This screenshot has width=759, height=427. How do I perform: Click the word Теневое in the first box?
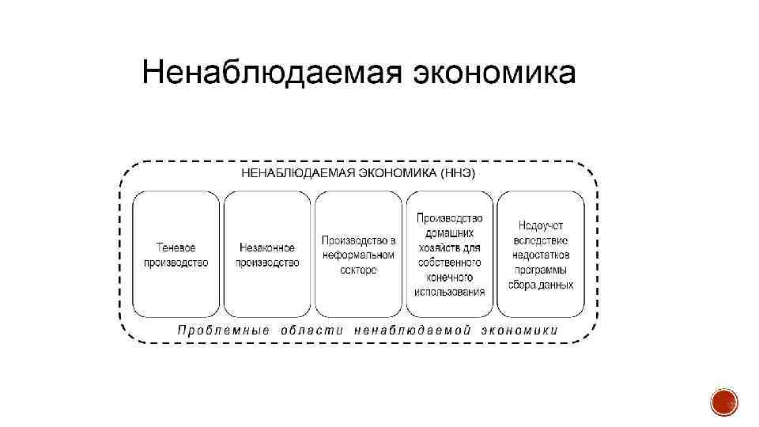[x=176, y=248]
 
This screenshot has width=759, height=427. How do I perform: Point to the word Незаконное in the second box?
[x=267, y=248]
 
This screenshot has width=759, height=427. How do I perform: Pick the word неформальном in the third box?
[x=358, y=255]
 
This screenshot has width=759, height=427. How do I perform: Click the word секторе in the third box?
[x=358, y=270]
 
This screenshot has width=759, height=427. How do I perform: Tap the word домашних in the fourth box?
[x=450, y=233]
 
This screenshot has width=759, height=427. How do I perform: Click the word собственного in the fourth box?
[x=450, y=263]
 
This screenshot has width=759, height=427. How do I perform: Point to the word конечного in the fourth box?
[x=450, y=277]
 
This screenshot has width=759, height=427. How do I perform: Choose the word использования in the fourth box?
[x=450, y=292]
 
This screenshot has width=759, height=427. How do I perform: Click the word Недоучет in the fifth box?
[x=542, y=226]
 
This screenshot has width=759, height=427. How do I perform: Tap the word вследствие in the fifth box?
[x=542, y=240]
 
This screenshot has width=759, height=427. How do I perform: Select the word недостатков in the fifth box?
[x=542, y=255]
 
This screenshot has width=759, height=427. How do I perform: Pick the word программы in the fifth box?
[x=542, y=270]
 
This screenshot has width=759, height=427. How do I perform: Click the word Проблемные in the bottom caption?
[x=224, y=330]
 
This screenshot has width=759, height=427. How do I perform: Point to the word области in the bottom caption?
[x=312, y=330]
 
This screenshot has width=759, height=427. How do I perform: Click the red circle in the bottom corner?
[x=723, y=402]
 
